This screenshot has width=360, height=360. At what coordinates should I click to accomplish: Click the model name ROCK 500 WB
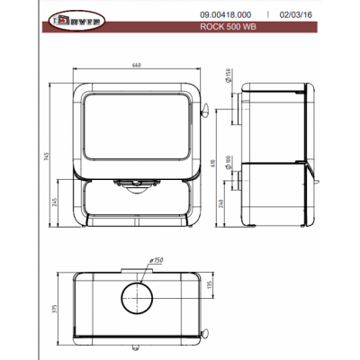(224, 27)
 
